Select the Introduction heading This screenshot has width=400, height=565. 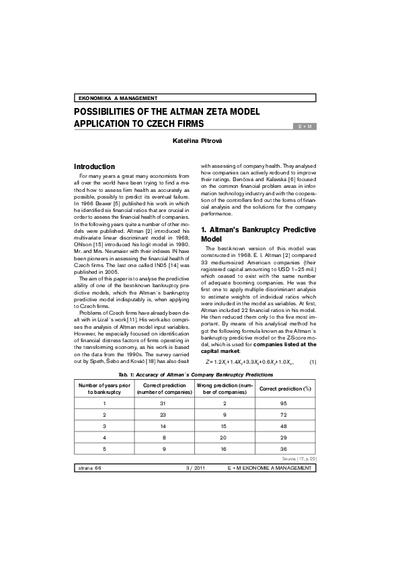point(98,166)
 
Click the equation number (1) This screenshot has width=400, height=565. point(313,362)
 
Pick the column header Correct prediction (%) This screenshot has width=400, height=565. point(285,389)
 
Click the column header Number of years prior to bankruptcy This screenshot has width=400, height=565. point(104,389)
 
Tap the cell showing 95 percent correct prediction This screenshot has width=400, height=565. point(285,403)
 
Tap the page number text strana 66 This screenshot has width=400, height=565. point(90,467)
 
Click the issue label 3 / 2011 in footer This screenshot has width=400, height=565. point(198,467)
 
